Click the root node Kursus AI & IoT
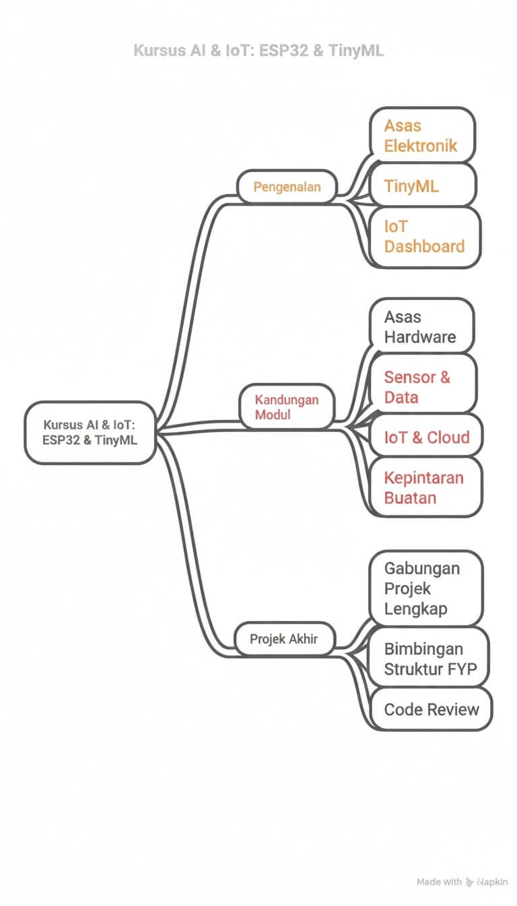pyautogui.click(x=90, y=433)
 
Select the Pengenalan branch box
pyautogui.click(x=287, y=187)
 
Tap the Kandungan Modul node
pyautogui.click(x=287, y=407)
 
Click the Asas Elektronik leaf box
pyautogui.click(x=423, y=135)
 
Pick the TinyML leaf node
pyautogui.click(x=423, y=185)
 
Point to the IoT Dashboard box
pyautogui.click(x=424, y=237)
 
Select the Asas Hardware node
pyautogui.click(x=421, y=326)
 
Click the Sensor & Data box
pyautogui.click(x=423, y=387)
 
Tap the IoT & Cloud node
pyautogui.click(x=427, y=437)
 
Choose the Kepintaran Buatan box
pyautogui.click(x=425, y=488)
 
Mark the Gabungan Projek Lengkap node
pyautogui.click(x=425, y=588)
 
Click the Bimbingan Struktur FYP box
pyautogui.click(x=428, y=659)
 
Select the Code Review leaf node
pyautogui.click(x=432, y=709)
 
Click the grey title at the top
pyautogui.click(x=258, y=51)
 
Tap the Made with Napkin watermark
pyautogui.click(x=462, y=882)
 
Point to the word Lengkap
pyautogui.click(x=415, y=609)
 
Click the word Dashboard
pyautogui.click(x=424, y=247)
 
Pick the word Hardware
pyautogui.click(x=420, y=337)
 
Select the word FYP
pyautogui.click(x=462, y=669)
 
